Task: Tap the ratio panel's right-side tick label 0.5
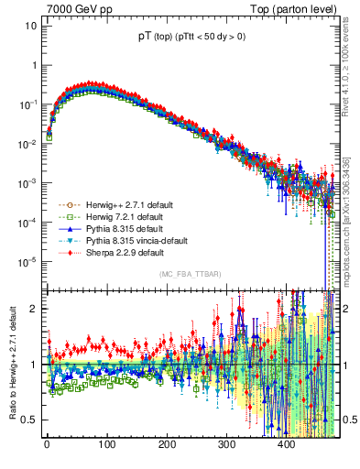click(x=348, y=420)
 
